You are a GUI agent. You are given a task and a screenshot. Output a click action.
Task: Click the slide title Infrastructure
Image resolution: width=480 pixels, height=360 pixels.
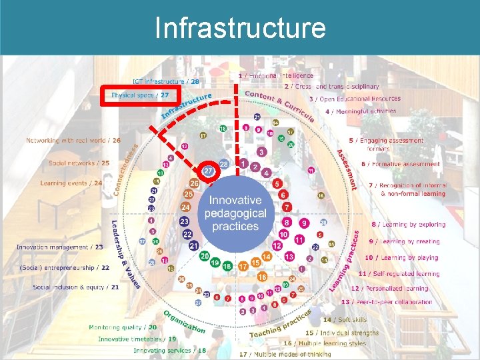240,28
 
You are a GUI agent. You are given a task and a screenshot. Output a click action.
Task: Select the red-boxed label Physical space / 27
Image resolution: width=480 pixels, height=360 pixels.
141,95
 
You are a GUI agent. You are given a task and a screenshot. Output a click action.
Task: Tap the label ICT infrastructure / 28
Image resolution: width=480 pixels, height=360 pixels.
166,81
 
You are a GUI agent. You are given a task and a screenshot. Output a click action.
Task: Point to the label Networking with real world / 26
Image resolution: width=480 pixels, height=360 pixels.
73,141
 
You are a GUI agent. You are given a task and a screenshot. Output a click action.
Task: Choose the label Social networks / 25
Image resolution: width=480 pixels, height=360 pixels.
79,163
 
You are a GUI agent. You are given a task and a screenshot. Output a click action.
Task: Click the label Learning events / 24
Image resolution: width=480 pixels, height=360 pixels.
71,183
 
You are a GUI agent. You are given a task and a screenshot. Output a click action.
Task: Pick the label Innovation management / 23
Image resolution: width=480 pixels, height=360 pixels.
60,247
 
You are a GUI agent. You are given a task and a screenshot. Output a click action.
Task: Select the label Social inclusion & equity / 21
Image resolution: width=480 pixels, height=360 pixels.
77,287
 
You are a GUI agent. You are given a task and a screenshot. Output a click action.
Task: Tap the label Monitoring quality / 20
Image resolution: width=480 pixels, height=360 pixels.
123,327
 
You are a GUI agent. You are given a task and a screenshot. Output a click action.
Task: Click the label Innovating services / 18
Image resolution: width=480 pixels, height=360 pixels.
170,350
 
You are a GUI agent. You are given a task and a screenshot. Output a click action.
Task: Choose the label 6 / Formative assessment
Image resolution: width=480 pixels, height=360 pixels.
400,164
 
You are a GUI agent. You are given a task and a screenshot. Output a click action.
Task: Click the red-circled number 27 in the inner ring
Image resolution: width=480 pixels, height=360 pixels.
209,171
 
